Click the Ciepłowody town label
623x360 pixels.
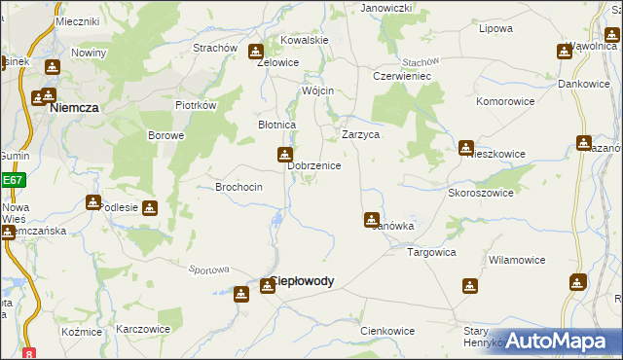tap(302, 281)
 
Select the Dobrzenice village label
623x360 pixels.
tap(313, 165)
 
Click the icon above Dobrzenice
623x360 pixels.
tap(284, 154)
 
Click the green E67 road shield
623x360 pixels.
tap(12, 180)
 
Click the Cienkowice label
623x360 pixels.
tap(387, 331)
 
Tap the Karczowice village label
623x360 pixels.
tap(143, 329)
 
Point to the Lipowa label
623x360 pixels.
tap(495, 28)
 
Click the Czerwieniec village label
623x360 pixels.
tap(401, 75)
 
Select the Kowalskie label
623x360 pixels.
tap(305, 40)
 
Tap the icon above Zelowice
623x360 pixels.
tap(255, 52)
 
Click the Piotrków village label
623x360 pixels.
tap(195, 105)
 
